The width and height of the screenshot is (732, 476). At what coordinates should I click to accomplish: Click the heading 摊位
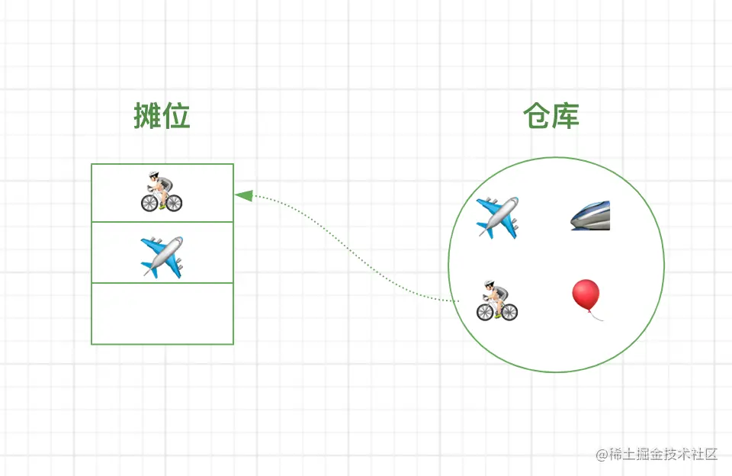point(162,117)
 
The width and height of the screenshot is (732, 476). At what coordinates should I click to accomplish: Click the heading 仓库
point(551,117)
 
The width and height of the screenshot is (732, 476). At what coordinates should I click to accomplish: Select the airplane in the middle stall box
point(162,256)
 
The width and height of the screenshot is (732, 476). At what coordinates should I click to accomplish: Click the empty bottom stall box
point(162,314)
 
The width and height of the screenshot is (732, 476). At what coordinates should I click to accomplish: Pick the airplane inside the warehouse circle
point(497,217)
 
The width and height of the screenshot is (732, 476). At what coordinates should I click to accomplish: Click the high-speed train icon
point(591,216)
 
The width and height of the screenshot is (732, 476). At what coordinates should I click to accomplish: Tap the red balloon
point(586,294)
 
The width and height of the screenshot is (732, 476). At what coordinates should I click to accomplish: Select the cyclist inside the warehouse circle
point(497,300)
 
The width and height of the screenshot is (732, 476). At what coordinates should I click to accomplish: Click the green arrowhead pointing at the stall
point(243,196)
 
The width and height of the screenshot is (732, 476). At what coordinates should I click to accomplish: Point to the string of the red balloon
point(597,316)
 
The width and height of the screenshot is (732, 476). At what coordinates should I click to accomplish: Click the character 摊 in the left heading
point(147,117)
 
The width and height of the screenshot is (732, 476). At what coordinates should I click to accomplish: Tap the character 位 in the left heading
point(176,117)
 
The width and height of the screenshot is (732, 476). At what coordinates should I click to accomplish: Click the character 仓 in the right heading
point(537,117)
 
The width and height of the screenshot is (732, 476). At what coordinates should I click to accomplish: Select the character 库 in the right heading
point(566,117)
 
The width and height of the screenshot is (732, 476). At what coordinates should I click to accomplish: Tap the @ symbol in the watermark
point(601,455)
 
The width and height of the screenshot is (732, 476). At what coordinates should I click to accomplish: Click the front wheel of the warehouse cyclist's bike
point(486,311)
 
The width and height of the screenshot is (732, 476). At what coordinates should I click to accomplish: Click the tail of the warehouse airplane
point(485,230)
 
